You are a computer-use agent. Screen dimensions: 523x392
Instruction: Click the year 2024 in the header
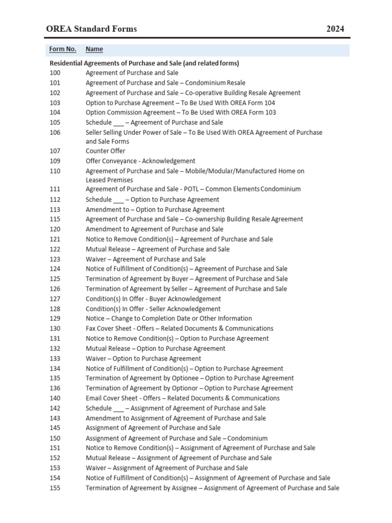pos(335,29)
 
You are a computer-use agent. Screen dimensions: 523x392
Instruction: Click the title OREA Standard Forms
pos(92,29)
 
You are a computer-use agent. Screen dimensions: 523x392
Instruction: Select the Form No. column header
pos(63,49)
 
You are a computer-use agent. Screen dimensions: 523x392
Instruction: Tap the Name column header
pos(94,49)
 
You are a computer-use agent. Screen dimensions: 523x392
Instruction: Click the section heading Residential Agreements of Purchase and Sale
pos(144,63)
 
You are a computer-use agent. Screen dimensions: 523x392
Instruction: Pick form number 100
pos(55,73)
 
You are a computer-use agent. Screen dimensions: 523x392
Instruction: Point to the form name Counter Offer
pos(105,151)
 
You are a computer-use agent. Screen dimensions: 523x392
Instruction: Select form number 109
pos(55,161)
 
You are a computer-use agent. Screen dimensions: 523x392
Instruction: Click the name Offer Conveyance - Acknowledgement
pos(140,161)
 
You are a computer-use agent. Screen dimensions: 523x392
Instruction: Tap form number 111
pos(55,189)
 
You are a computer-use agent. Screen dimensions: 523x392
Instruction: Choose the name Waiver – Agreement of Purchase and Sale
pos(145,259)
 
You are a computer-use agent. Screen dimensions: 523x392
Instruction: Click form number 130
pos(55,328)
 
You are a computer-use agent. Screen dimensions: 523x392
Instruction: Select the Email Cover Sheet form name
pos(182,398)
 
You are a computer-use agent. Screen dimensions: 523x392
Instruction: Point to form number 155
pos(55,488)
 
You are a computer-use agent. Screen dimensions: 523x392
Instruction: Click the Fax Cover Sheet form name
pos(179,328)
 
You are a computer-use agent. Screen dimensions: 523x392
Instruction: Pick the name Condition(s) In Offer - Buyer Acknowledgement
pos(153,299)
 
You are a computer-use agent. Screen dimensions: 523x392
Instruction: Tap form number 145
pos(55,428)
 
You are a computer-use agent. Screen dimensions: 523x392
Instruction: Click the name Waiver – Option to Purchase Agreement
pos(143,359)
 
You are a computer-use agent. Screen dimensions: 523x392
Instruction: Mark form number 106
pos(55,132)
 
